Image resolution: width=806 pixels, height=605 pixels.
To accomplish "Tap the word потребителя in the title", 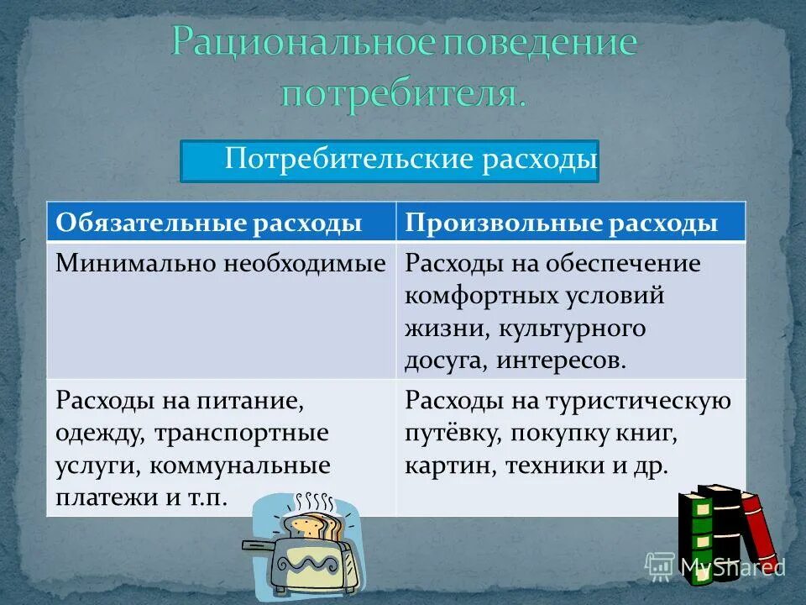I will pyautogui.click(x=403, y=92).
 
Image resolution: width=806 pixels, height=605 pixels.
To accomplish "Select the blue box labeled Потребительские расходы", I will pyautogui.click(x=389, y=161).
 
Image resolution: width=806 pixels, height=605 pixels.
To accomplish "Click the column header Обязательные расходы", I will pyautogui.click(x=209, y=224).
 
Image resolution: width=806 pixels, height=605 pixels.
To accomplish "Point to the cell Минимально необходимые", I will pyautogui.click(x=220, y=264).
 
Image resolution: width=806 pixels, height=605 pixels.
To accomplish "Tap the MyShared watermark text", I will pyautogui.click(x=730, y=567).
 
